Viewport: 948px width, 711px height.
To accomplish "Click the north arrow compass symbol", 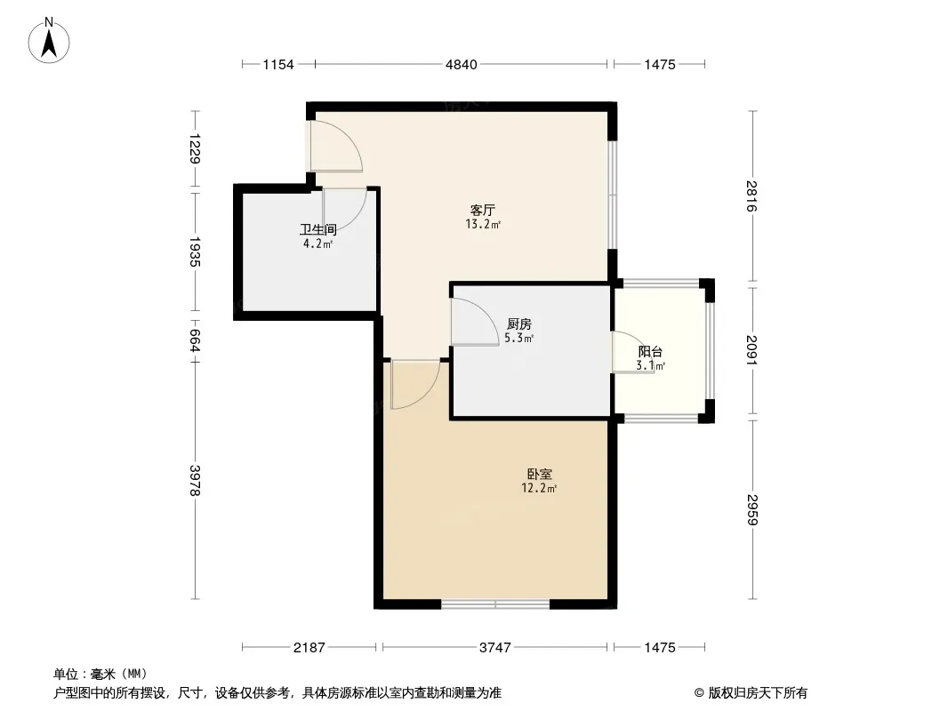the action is pyautogui.click(x=49, y=41).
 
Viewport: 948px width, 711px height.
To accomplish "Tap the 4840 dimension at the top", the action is pyautogui.click(x=462, y=65).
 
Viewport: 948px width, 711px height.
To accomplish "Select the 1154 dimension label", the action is pyautogui.click(x=278, y=65).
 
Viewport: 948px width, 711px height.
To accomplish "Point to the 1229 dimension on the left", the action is pyautogui.click(x=194, y=148).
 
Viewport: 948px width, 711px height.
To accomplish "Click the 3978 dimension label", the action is pyautogui.click(x=194, y=481).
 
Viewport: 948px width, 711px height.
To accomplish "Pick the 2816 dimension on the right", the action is pyautogui.click(x=752, y=196).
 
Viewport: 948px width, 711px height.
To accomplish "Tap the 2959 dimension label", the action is pyautogui.click(x=752, y=509).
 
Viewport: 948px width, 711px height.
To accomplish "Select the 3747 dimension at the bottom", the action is pyautogui.click(x=495, y=648).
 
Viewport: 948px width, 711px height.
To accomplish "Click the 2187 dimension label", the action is pyautogui.click(x=309, y=648).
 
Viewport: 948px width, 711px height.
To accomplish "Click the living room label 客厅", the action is pyautogui.click(x=483, y=211).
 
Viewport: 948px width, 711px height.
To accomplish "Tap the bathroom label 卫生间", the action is pyautogui.click(x=318, y=229).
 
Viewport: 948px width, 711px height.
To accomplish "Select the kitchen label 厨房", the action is pyautogui.click(x=519, y=324).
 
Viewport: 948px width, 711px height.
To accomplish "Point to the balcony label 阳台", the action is pyautogui.click(x=651, y=352).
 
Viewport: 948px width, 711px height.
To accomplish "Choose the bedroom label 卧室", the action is pyautogui.click(x=539, y=475).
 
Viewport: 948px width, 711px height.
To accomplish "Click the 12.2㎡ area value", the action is pyautogui.click(x=539, y=488).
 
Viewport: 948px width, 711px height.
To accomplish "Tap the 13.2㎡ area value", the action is pyautogui.click(x=483, y=225).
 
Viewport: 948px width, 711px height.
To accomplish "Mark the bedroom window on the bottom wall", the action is pyautogui.click(x=495, y=603).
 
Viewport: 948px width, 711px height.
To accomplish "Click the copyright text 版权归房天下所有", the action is pyautogui.click(x=757, y=693).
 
